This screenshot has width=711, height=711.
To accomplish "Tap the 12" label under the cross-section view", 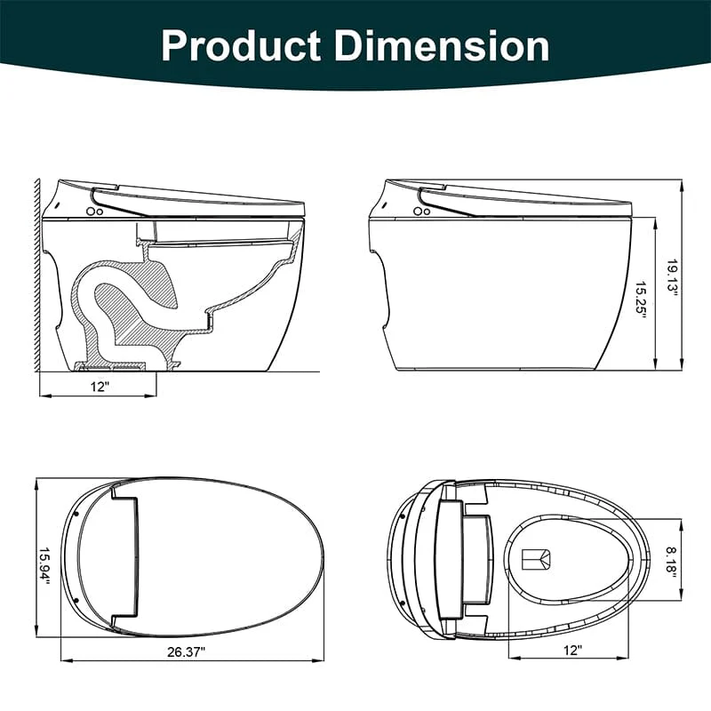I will point(98,387).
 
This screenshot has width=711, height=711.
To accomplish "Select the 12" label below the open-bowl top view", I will point(572,651).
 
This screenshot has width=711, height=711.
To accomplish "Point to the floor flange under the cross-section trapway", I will point(111,364).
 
